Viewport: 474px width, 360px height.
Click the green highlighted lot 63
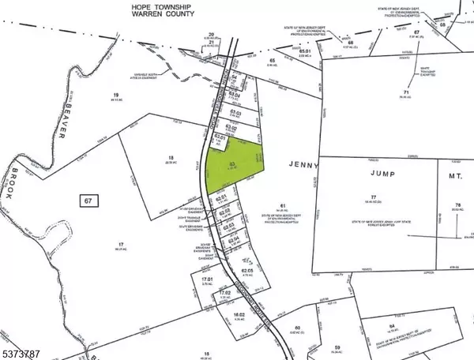click(233, 163)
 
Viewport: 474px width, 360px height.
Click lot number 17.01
click(208, 279)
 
